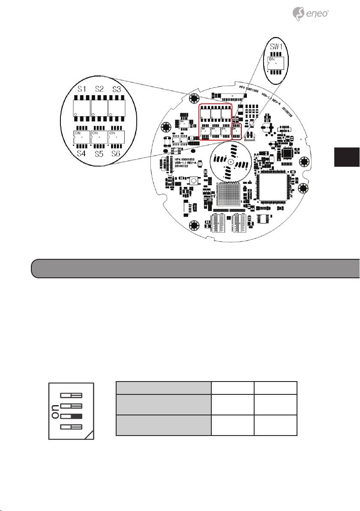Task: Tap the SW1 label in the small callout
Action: click(274, 48)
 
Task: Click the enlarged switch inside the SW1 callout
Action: click(274, 63)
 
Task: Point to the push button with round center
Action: click(194, 181)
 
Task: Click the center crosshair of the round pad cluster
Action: click(230, 162)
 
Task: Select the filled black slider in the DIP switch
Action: click(71, 416)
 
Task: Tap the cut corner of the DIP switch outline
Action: click(89, 436)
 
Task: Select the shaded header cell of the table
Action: click(164, 388)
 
